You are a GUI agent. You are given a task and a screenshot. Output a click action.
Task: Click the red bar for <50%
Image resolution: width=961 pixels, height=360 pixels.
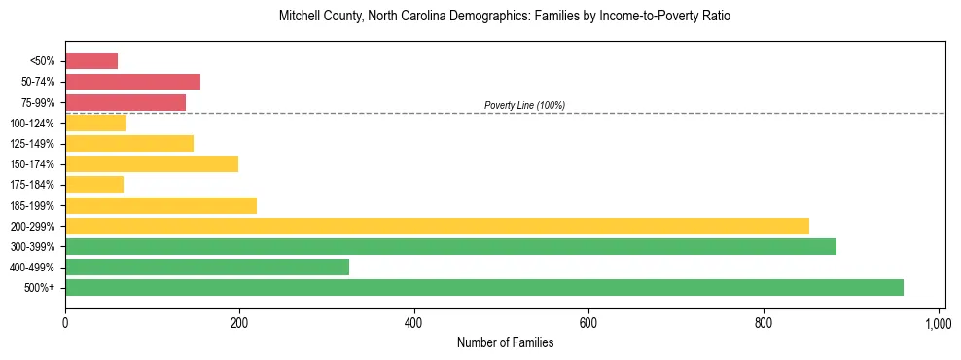coord(91,61)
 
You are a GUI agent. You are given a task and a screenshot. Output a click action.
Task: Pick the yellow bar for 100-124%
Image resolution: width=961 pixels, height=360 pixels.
coord(95,123)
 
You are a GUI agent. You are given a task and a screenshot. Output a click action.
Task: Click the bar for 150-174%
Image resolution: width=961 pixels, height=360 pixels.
coord(152,163)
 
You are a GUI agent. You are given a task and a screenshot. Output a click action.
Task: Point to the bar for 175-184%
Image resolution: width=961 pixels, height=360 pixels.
coord(94,185)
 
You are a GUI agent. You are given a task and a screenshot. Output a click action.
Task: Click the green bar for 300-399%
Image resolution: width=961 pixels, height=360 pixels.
coord(450,246)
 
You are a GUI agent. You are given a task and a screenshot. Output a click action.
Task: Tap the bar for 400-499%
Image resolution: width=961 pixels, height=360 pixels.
coord(207,267)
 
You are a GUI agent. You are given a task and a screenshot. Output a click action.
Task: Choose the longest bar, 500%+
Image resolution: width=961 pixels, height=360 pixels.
coord(484,287)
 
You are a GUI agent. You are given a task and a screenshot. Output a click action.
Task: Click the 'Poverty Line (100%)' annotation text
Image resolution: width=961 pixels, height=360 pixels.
coord(524,105)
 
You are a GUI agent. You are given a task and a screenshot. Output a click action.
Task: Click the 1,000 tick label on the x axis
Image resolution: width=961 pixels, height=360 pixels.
coord(939,321)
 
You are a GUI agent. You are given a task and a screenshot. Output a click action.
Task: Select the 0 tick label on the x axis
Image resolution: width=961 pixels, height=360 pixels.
coord(65,321)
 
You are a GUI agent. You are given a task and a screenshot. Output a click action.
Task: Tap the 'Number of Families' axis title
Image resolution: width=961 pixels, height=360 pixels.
coord(505,342)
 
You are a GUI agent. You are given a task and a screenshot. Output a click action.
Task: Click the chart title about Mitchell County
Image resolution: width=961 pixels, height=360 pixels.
coord(505,18)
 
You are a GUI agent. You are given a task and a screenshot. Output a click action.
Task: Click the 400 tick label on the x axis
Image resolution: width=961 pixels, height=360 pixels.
coord(414,321)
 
